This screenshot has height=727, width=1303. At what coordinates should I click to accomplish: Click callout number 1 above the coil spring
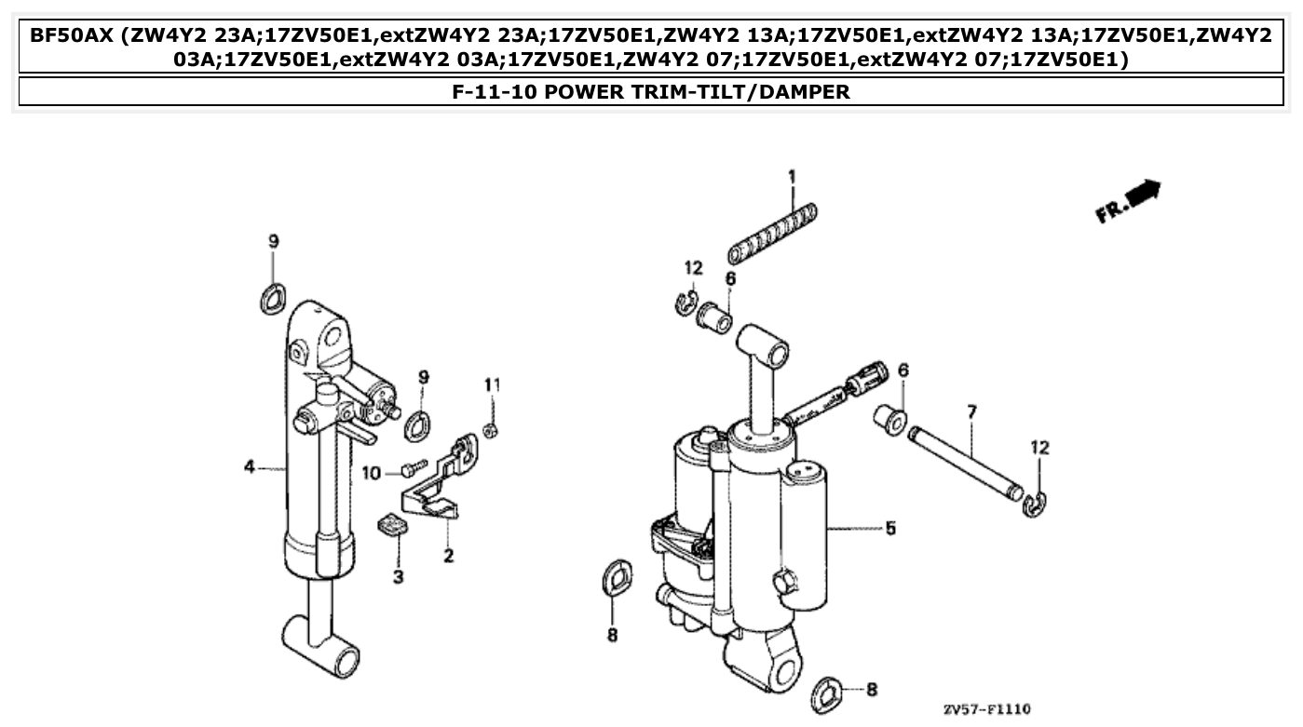[792, 175]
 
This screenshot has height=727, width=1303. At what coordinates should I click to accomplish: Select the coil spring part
[773, 234]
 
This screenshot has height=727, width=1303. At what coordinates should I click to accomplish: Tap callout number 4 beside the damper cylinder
[250, 467]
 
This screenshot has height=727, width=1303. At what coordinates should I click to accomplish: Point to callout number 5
[890, 529]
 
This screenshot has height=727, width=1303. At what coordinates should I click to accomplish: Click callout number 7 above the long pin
[971, 411]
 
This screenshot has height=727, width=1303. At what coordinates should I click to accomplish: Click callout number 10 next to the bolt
[371, 473]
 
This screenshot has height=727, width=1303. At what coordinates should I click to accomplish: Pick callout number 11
[492, 384]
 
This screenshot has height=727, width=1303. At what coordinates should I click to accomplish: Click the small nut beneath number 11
[493, 429]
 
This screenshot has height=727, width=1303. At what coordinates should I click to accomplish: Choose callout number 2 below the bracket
[448, 557]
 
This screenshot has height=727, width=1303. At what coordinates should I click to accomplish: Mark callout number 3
[398, 577]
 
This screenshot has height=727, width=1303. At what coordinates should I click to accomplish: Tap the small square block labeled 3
[395, 527]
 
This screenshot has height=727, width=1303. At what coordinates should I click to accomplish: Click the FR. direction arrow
[1128, 201]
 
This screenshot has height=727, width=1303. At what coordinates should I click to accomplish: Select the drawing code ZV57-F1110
[986, 709]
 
